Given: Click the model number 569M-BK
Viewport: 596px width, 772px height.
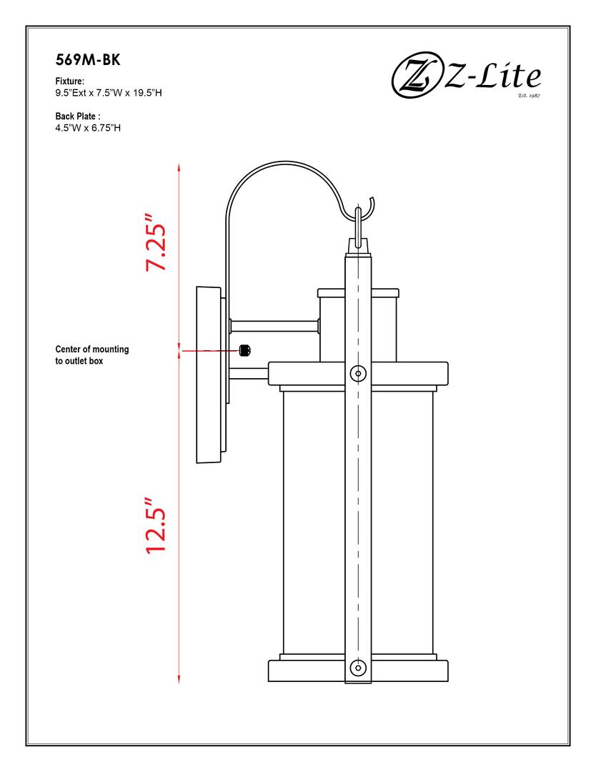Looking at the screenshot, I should [x=88, y=61].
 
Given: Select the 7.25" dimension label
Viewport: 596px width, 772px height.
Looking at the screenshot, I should [x=156, y=242].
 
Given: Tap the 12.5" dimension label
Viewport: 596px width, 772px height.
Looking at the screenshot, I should [x=155, y=525].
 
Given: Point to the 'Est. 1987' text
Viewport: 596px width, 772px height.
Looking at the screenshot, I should [x=528, y=94].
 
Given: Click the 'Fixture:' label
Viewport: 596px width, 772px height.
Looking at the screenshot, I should [x=70, y=81].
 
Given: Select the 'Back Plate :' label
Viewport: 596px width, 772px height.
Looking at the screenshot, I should [x=78, y=116].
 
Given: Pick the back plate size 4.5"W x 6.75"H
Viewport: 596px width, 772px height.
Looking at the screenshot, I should [x=88, y=128].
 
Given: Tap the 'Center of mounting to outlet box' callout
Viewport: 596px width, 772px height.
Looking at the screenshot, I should [x=92, y=355].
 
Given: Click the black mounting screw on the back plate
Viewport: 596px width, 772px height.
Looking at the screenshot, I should [x=244, y=350].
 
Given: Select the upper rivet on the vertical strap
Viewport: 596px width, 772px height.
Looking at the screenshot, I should [x=359, y=373].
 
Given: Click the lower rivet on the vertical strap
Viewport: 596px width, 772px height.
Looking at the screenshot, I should [x=359, y=668].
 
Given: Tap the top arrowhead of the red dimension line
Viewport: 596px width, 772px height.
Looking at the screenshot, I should [x=179, y=166].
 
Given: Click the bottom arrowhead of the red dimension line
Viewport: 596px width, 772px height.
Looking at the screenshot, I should [x=179, y=681].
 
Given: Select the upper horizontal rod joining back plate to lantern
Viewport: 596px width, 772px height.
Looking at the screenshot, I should [x=273, y=326].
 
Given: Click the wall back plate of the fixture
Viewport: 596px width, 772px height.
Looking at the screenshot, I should [x=208, y=375].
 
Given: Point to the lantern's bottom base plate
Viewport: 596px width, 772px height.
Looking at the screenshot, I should [x=358, y=673].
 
